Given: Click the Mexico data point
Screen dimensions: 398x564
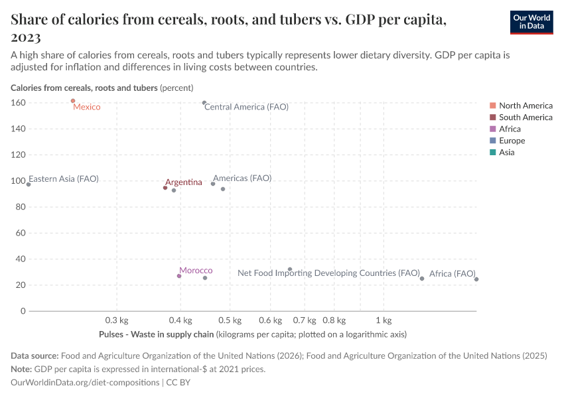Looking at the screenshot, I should pos(73,101).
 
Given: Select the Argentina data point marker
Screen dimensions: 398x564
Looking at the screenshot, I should pos(165,188).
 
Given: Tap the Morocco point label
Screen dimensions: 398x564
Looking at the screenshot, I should pos(196,271).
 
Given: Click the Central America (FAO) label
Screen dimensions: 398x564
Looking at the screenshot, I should pos(246,107).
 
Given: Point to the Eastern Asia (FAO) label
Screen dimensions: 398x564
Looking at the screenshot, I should pos(64,179).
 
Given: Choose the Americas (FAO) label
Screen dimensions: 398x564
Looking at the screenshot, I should pos(242,178).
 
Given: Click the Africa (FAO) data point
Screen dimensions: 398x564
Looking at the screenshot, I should pos(476,279).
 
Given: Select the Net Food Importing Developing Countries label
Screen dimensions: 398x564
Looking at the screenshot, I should pos(328,273).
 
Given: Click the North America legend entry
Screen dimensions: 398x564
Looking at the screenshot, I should pos(526,105).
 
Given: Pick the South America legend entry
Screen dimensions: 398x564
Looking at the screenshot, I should pos(526,117).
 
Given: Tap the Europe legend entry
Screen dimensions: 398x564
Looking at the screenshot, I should pos(512,141).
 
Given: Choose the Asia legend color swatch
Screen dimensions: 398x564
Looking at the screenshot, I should pos(492,153).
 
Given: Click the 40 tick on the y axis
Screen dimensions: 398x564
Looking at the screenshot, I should pos(20,259).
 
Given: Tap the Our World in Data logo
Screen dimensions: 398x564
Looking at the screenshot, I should pos(531,22).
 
